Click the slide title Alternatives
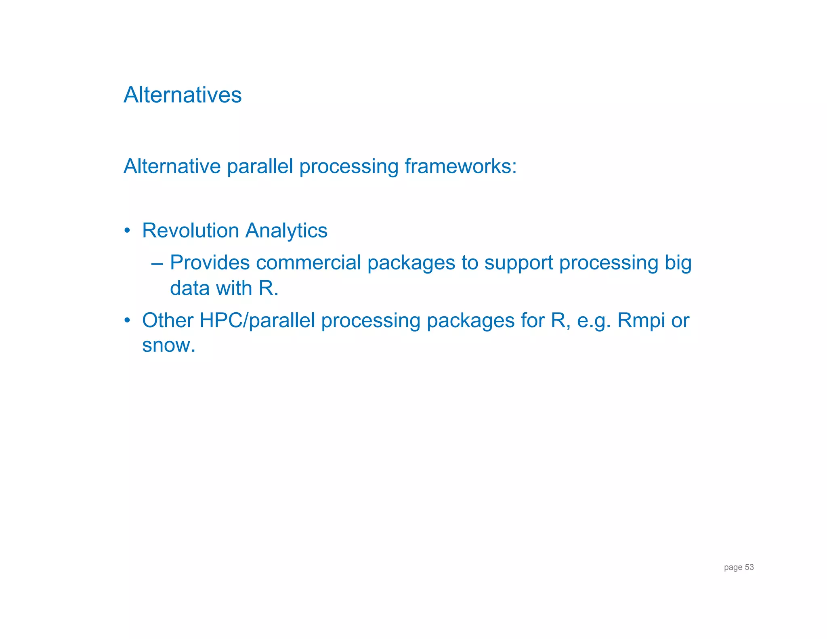(x=183, y=95)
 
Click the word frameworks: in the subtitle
(x=460, y=166)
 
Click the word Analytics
(x=286, y=231)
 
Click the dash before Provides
(x=157, y=264)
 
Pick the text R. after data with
(x=269, y=288)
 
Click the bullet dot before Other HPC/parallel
(x=127, y=321)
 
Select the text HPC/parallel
(x=257, y=321)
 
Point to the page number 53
(x=749, y=567)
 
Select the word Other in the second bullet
(x=168, y=321)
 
